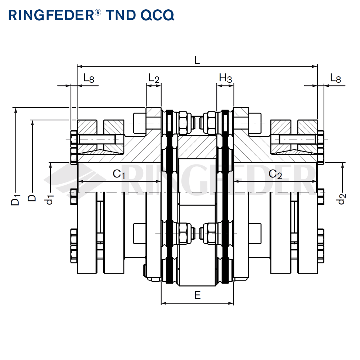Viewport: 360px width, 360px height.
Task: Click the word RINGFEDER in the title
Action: (x=50, y=15)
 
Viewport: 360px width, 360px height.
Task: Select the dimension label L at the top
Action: (x=197, y=60)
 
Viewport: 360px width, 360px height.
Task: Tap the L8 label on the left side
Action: (x=89, y=78)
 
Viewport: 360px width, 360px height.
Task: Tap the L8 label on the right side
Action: (x=335, y=78)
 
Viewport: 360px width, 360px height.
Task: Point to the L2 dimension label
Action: (x=154, y=78)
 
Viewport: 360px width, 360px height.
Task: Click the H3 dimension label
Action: (x=226, y=78)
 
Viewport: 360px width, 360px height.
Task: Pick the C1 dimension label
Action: (x=119, y=174)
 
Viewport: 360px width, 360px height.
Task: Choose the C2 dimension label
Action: (x=275, y=174)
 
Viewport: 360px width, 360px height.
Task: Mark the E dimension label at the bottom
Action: (x=197, y=296)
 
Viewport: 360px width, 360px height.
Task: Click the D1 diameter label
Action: (x=15, y=199)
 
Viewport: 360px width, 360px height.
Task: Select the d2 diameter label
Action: (x=342, y=199)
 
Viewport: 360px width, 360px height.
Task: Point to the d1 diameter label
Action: (x=50, y=199)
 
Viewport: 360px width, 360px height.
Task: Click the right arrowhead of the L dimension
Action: (x=315, y=66)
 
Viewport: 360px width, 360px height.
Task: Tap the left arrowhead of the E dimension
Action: (x=163, y=303)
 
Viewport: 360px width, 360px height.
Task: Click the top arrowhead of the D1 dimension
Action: (x=15, y=109)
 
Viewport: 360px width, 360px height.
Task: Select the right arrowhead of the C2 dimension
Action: (x=315, y=181)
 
